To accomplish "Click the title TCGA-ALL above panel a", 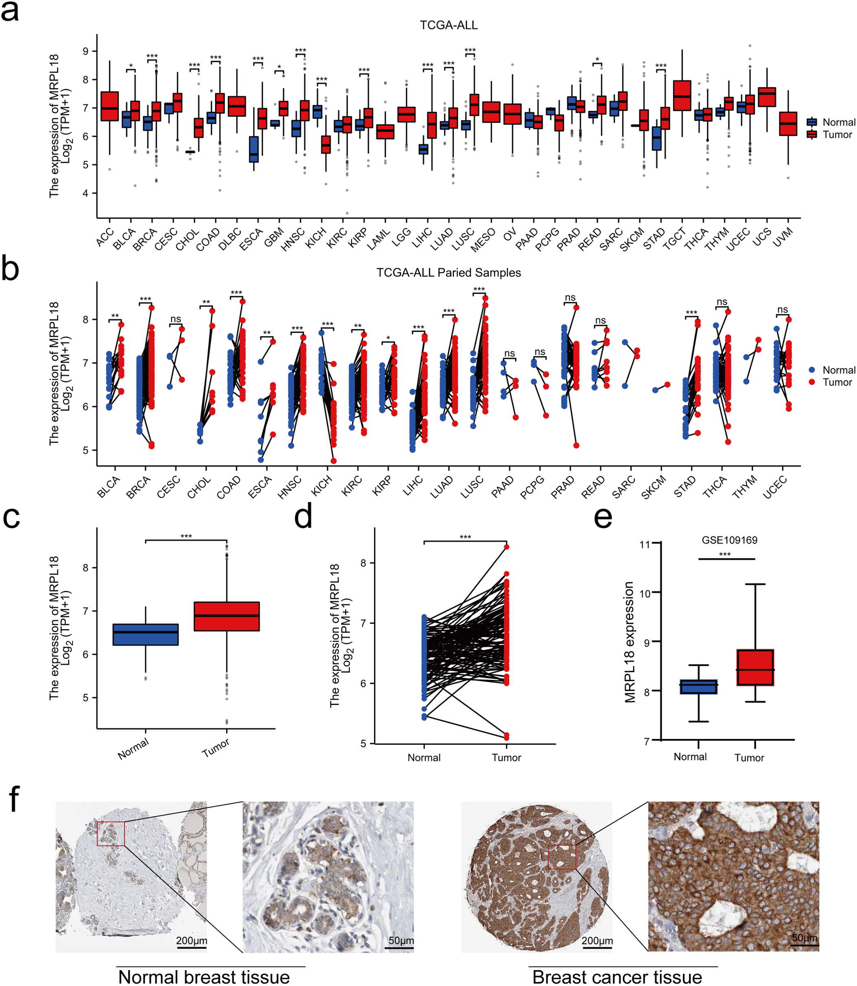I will point(448,25).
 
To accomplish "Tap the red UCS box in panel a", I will point(767,97).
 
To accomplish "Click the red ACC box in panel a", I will point(109,106).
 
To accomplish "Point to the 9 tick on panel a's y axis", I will point(87,51).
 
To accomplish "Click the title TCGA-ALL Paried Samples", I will point(448,273).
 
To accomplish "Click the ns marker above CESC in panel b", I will point(176,319).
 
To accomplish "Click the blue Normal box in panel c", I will point(145,634).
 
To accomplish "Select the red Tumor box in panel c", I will point(227,616).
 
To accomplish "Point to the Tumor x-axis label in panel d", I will point(506,757).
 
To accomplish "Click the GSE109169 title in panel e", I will point(729,540).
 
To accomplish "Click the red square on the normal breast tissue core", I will point(111,834).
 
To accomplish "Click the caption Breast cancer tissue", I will point(617,977).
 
